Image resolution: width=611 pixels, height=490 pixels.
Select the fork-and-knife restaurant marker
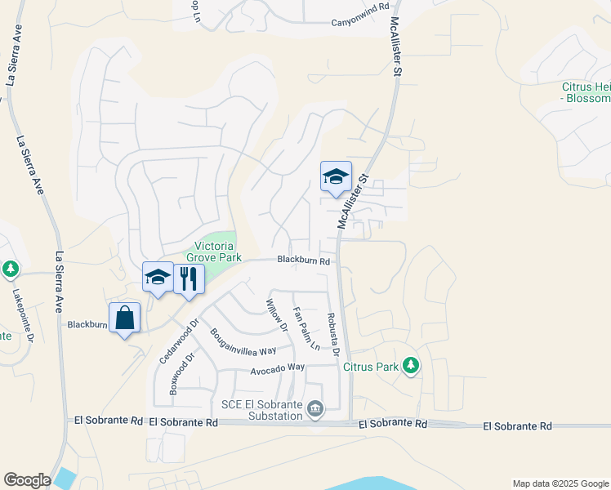tap(189, 278)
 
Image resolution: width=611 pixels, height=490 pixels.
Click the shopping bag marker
tap(124, 318)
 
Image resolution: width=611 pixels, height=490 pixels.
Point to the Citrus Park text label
tap(372, 367)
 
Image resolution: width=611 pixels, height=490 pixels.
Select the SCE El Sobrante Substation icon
tap(316, 408)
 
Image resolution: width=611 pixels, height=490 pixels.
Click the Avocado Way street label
tap(277, 368)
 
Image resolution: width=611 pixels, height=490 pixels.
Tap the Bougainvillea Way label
tap(243, 341)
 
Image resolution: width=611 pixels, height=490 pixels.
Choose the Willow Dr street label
tap(277, 316)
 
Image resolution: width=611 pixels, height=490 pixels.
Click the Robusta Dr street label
tap(332, 336)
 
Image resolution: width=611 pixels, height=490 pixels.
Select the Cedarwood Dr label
tap(179, 341)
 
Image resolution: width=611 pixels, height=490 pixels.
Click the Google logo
tap(27, 480)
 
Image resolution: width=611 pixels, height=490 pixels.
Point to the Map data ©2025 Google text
tap(560, 483)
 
